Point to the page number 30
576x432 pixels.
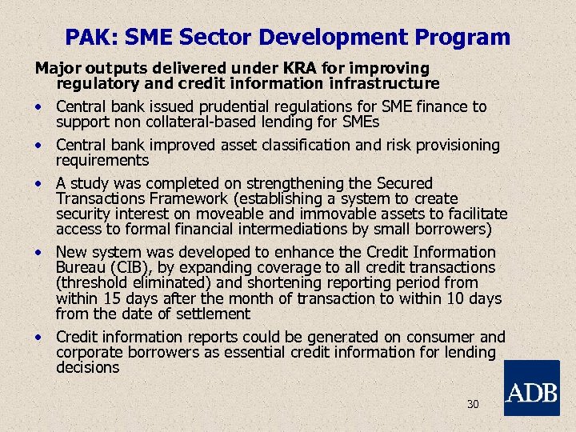tap(473, 405)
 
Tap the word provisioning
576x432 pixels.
tap(454, 145)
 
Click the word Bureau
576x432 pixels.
tap(82, 267)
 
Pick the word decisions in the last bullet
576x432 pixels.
tap(87, 367)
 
